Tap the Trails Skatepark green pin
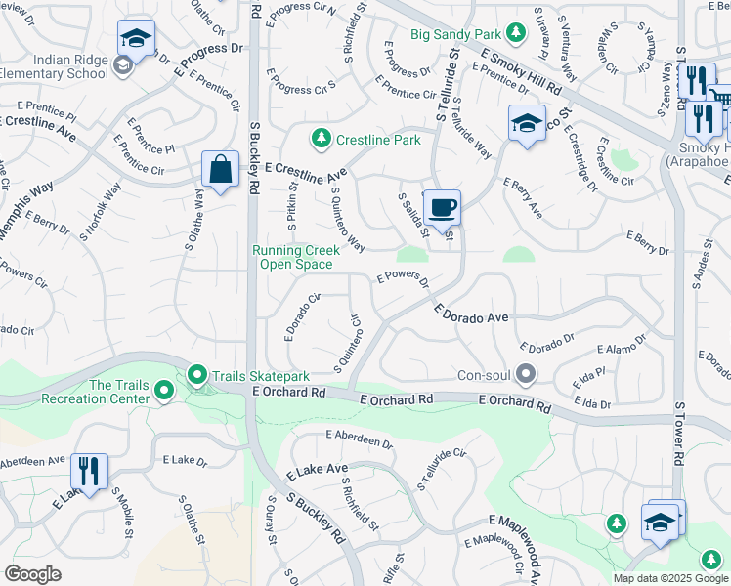point(196,375)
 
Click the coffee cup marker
point(442,207)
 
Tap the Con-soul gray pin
point(527,375)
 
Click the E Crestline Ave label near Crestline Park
point(305,173)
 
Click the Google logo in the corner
point(33,573)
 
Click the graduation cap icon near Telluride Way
point(526,123)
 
